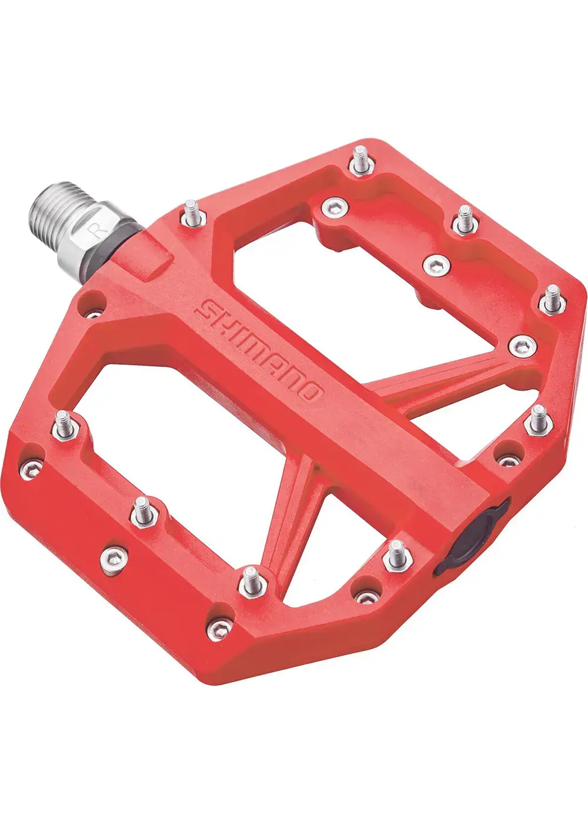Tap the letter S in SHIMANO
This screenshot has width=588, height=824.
(202, 308)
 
